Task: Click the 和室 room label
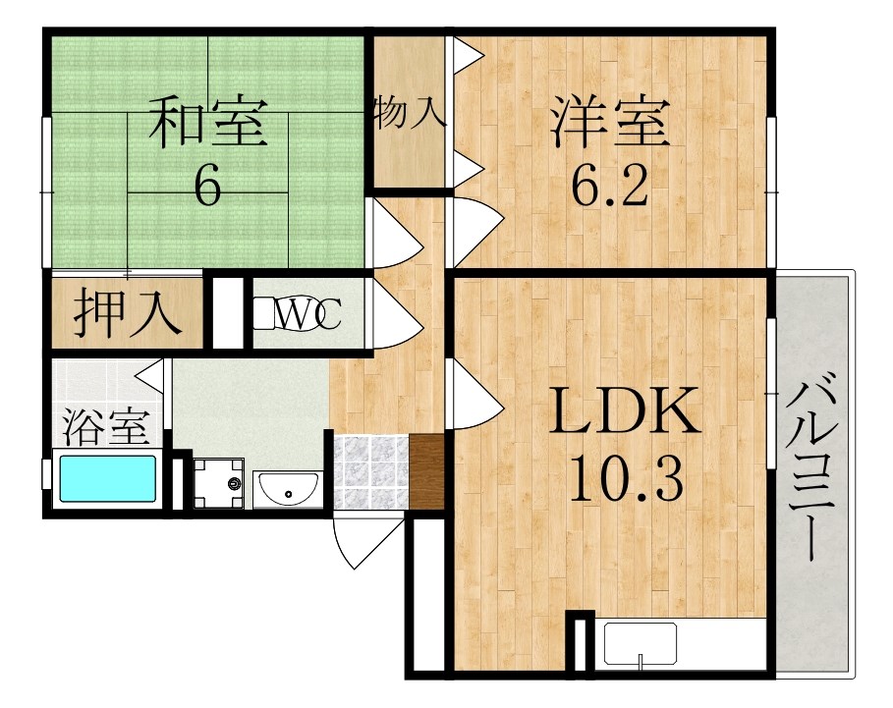(208, 123)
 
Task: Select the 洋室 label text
(609, 123)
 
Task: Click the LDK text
(624, 409)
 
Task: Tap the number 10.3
(626, 479)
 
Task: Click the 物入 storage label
(409, 113)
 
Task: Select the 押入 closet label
(128, 312)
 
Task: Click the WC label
(307, 313)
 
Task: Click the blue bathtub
(108, 478)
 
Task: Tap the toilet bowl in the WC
(264, 313)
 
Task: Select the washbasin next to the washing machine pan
(287, 489)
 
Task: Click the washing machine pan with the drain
(219, 484)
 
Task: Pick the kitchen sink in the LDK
(641, 644)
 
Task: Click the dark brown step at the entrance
(426, 471)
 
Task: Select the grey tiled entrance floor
(370, 471)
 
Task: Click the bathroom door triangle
(151, 375)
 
